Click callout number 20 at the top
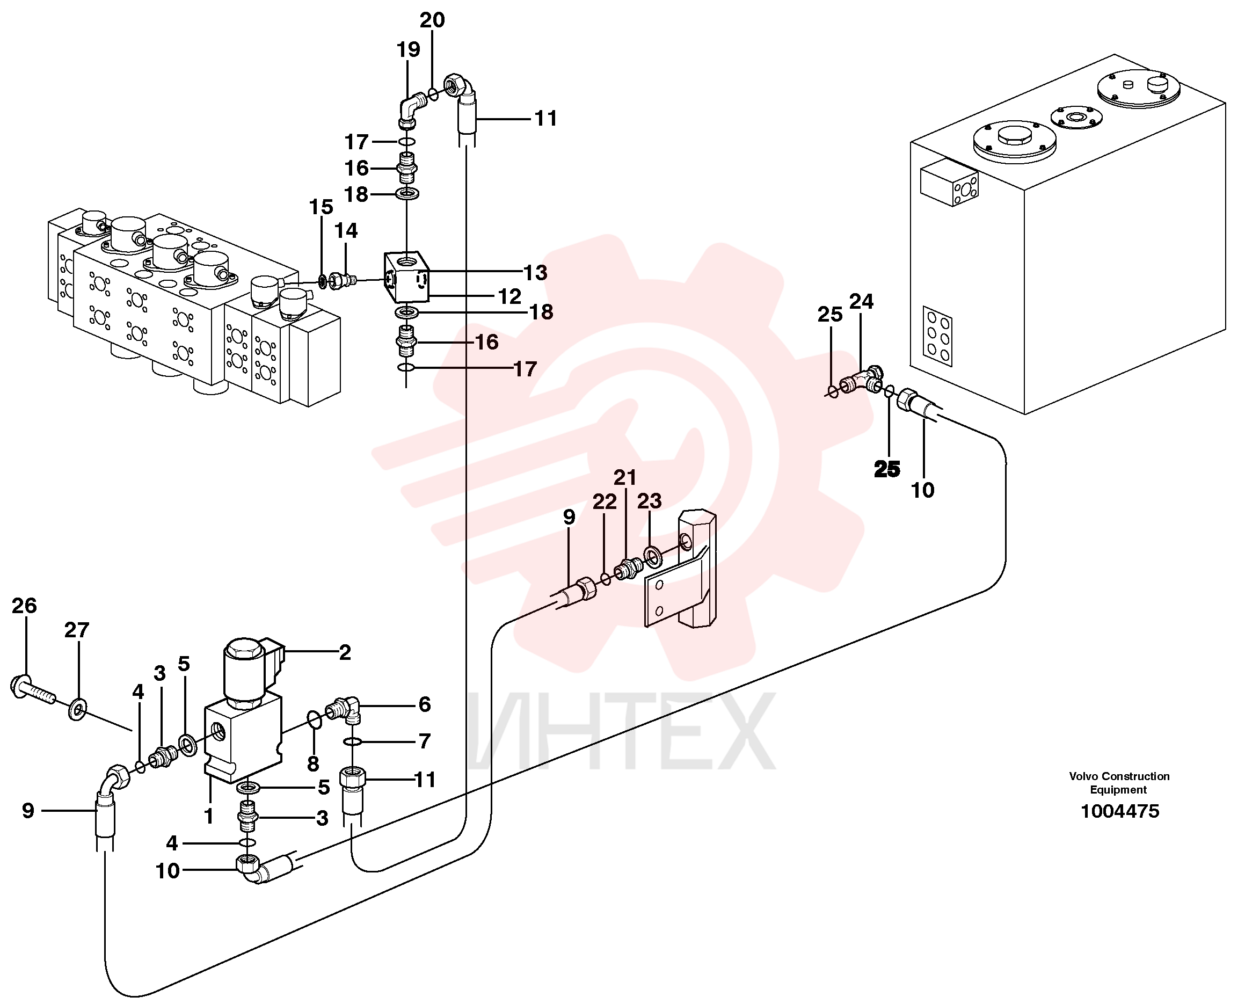coord(432,20)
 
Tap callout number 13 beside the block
coord(535,272)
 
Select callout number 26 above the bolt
coord(24,606)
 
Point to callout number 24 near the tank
coord(861,301)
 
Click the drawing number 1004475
coord(1119,811)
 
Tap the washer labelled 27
coord(77,709)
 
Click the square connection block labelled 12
coord(406,277)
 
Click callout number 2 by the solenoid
coord(345,652)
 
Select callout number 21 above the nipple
coord(624,477)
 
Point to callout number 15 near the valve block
coord(321,207)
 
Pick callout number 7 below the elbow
coord(425,741)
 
